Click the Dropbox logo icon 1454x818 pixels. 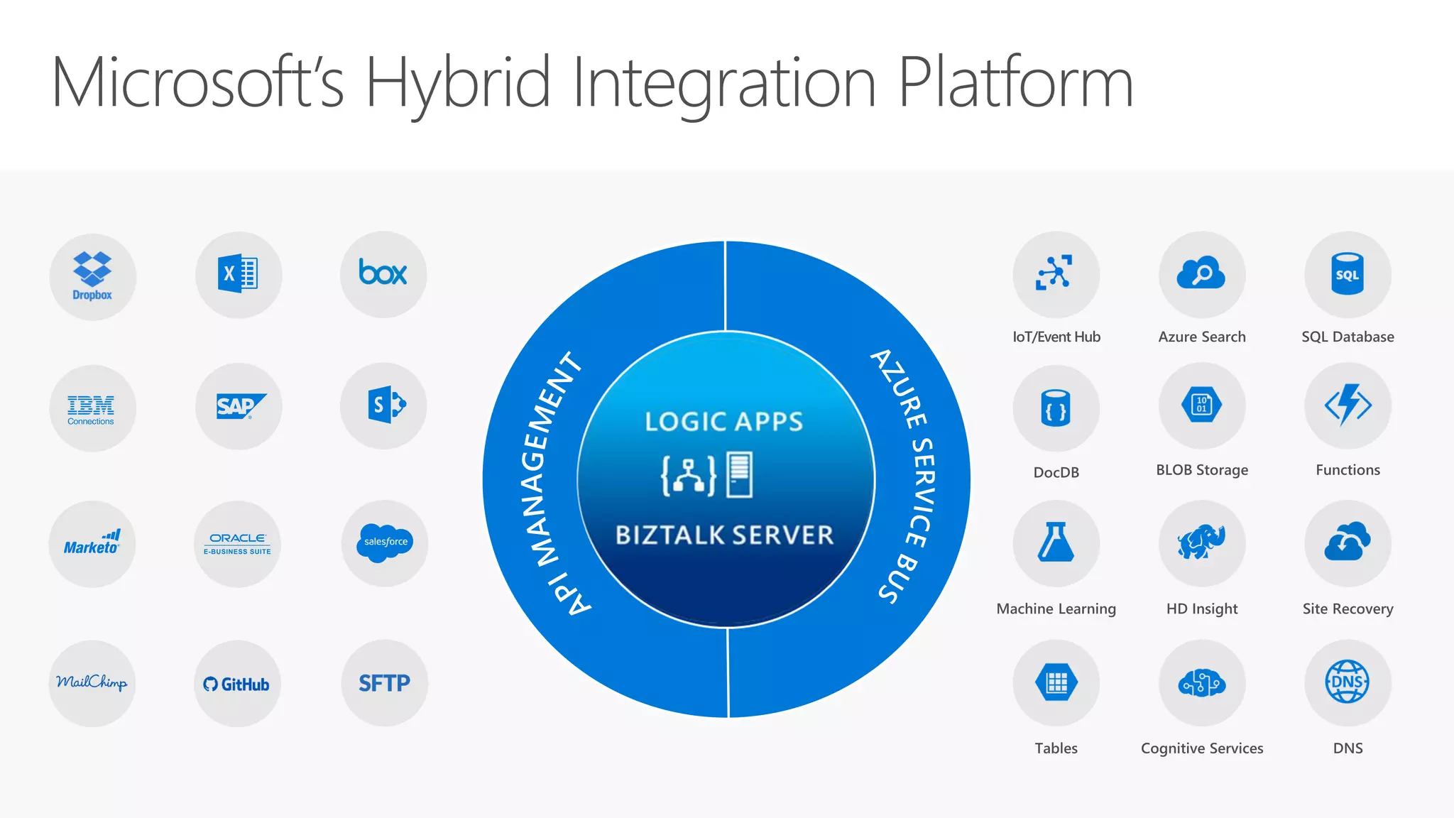pos(92,276)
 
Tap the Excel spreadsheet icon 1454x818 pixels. pos(238,274)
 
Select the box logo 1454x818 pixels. pos(383,273)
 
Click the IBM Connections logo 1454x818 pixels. pos(92,409)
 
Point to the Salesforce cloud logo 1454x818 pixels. pos(386,542)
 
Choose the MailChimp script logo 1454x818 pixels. pos(92,682)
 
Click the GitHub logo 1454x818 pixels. pos(236,684)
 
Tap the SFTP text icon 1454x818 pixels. pos(384,683)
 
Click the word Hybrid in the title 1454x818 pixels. pos(458,84)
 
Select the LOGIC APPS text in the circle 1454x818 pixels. pos(724,422)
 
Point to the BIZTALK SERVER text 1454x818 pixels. pos(724,535)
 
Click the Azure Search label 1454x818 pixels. pos(1201,337)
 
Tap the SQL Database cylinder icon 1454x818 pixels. pos(1347,274)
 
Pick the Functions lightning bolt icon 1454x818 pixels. pos(1348,405)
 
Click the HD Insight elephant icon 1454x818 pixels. pos(1201,542)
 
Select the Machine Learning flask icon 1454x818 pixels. pos(1056,542)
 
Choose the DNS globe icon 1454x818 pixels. pos(1347,682)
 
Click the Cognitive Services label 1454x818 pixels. pos(1201,748)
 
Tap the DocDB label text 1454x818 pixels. pos(1056,472)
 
